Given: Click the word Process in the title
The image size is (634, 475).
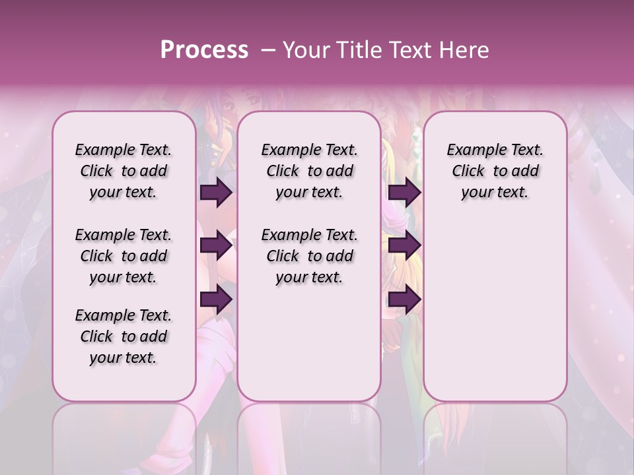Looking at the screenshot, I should coord(204,50).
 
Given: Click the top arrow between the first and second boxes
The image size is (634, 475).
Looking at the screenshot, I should coord(216,193).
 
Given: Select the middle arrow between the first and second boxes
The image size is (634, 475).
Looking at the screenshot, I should coord(216,246).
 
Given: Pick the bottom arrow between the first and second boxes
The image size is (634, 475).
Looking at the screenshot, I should coord(216,300).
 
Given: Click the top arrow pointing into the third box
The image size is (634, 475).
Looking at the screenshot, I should coord(404,192).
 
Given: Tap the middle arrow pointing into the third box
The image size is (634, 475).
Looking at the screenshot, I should coord(404,246).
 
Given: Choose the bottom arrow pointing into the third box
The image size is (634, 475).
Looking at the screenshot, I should coord(404,300).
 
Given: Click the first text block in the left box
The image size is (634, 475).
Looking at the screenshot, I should coord(123,171).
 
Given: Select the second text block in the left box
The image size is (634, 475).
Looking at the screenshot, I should coord(123,256).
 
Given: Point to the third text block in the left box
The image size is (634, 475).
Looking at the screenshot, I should coord(123,336).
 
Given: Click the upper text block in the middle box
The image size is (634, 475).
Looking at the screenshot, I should coord(309,171).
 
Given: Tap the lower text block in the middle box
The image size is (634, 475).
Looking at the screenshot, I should coord(309,256).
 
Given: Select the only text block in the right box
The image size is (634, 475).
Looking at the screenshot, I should coord(495,171).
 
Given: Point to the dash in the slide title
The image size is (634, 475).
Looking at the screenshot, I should coord(268,50).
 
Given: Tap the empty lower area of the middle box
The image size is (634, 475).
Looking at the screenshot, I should coord(309,343).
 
